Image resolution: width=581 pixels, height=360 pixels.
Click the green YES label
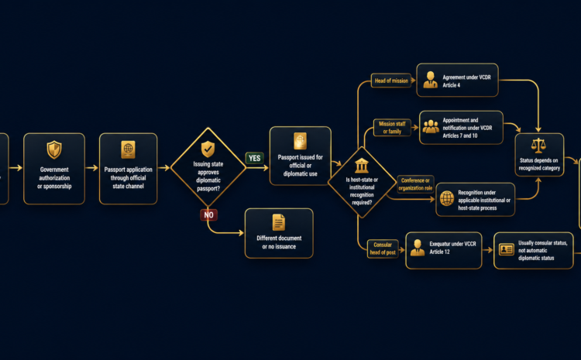tap(255, 158)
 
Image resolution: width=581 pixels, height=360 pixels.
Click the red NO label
tap(208, 214)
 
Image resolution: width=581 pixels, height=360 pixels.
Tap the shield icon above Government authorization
tap(54, 149)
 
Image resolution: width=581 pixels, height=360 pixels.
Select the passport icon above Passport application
tap(128, 149)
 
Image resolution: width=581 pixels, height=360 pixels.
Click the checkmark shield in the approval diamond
tap(208, 149)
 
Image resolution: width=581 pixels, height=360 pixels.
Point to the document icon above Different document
tap(279, 222)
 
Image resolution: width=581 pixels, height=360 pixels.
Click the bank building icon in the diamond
tap(362, 166)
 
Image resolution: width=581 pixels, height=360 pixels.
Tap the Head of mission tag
tap(391, 81)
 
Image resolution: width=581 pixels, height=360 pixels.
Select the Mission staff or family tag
tap(392, 128)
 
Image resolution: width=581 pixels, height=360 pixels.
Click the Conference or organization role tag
tap(415, 184)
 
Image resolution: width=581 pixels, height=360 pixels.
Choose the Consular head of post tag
tap(383, 249)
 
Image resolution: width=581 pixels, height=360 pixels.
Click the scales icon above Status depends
tap(538, 146)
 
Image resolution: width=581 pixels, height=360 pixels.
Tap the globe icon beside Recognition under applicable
tap(447, 198)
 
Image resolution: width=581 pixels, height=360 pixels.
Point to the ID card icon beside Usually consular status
tap(506, 249)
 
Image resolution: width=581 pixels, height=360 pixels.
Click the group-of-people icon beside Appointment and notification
tap(431, 127)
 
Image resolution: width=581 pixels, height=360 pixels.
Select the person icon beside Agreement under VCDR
tap(430, 80)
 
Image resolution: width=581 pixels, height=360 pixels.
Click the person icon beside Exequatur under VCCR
tap(418, 248)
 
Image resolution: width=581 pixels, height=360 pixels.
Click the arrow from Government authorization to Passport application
tap(92, 168)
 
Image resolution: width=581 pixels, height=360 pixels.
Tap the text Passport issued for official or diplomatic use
tap(300, 166)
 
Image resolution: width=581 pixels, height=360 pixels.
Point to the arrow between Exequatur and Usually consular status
tap(487, 250)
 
